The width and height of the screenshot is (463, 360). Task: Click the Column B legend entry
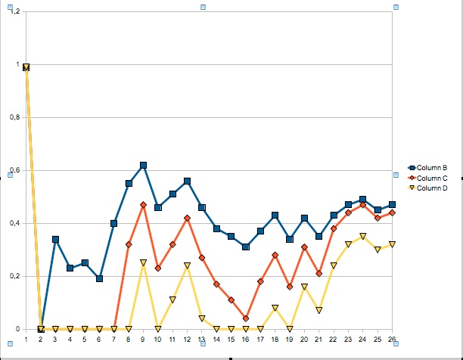[433, 167]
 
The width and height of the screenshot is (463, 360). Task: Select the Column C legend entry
[433, 177]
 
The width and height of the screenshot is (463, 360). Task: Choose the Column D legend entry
[433, 187]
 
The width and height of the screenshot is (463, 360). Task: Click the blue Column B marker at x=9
[143, 165]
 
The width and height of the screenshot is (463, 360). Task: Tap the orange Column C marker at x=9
[143, 205]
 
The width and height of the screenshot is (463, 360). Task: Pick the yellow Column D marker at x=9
[143, 263]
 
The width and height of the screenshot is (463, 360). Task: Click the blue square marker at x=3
[55, 239]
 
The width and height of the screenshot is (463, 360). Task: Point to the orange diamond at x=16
[246, 318]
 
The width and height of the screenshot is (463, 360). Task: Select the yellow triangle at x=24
[363, 237]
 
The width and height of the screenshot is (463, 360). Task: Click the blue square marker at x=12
[187, 181]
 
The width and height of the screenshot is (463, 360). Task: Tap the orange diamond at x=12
[187, 218]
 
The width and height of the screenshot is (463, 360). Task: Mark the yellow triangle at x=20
[304, 287]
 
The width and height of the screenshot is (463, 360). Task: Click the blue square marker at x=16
[246, 247]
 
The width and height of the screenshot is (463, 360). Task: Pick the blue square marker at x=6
[99, 278]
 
